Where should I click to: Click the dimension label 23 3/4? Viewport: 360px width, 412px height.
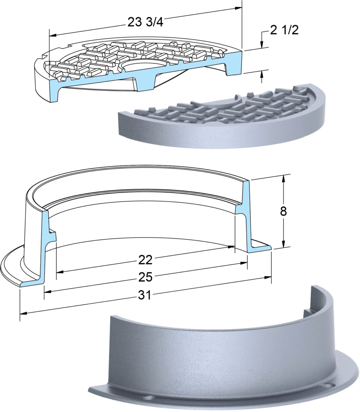coord(145,23)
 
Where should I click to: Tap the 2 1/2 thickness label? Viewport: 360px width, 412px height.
coord(284,31)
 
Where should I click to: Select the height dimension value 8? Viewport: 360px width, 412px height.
coord(283,211)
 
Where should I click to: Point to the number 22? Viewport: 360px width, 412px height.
coord(145,260)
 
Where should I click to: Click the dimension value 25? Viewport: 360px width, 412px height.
coord(145,277)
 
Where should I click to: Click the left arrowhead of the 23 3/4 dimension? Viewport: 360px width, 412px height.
coord(53,35)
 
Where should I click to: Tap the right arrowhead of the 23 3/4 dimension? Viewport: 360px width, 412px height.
coord(239,8)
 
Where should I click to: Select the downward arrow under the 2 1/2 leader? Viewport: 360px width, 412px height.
coord(262,45)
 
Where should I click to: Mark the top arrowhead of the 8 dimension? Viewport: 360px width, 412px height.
coord(283,178)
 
